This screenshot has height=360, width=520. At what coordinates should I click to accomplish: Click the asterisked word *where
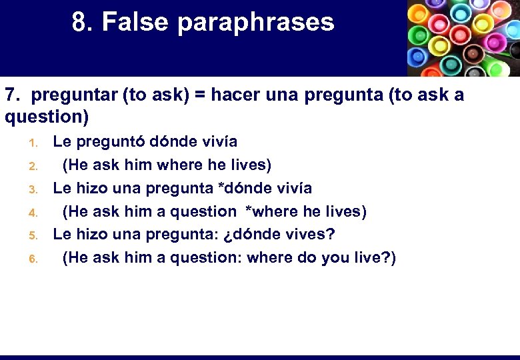point(271,212)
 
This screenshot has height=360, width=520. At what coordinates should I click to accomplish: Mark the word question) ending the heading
point(46,117)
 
